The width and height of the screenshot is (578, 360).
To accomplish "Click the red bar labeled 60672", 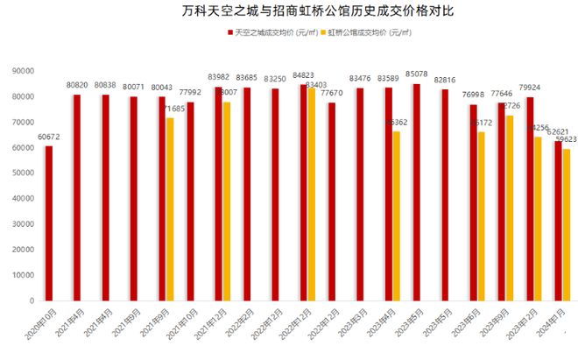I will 49,222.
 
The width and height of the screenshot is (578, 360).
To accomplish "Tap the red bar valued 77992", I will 190,201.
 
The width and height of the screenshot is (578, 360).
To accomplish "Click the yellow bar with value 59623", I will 567,224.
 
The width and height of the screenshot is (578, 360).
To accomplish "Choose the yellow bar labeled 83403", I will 312,194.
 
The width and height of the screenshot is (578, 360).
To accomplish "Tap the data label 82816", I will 445,80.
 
